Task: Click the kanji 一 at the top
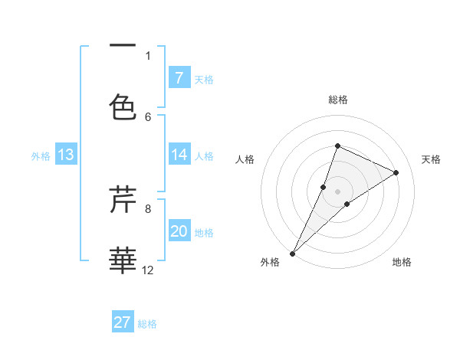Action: point(123,46)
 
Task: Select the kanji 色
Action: point(123,107)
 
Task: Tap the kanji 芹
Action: point(123,201)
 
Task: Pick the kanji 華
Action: point(123,260)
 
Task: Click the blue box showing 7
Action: point(179,78)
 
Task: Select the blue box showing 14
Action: point(179,155)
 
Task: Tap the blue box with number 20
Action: point(179,231)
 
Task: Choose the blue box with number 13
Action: point(65,155)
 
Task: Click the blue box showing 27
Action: point(123,322)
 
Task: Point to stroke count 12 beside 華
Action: point(149,270)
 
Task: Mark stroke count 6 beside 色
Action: point(148,116)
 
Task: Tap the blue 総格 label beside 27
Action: point(147,324)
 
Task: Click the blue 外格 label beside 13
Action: point(41,156)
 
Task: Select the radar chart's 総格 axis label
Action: point(338,100)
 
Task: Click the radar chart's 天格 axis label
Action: point(431,159)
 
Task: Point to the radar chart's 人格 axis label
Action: point(245,159)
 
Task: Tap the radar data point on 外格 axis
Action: point(292,253)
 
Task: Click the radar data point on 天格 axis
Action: point(396,172)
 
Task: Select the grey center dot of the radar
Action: point(338,191)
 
